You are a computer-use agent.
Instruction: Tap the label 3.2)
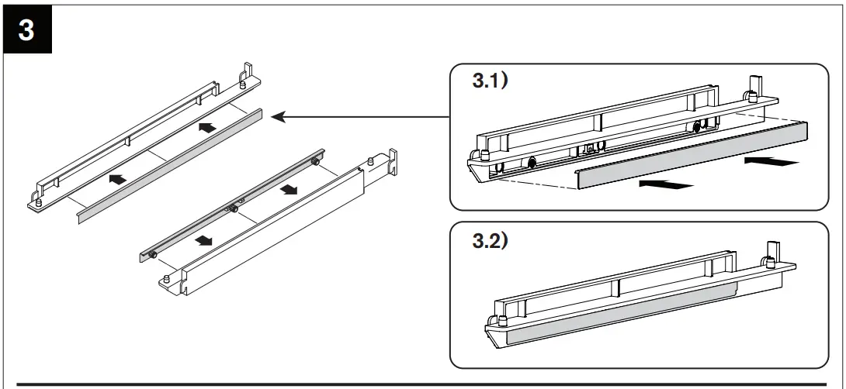pyautogui.click(x=490, y=241)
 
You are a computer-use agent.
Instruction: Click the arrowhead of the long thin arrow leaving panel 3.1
pyautogui.click(x=280, y=117)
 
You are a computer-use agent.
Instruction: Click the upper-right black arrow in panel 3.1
pyautogui.click(x=770, y=161)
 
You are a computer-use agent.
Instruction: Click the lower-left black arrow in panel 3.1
pyautogui.click(x=665, y=184)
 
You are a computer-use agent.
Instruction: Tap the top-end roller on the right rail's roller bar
pyautogui.click(x=315, y=161)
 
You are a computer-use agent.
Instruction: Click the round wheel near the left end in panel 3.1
pyautogui.click(x=532, y=163)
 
